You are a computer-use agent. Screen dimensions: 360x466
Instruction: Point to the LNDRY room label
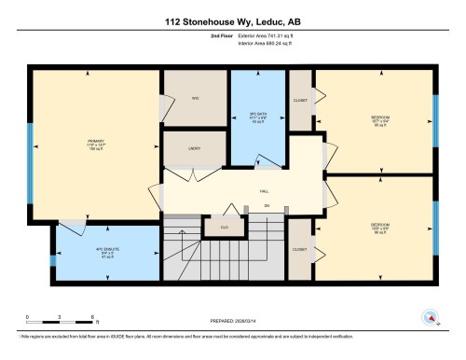[195, 147]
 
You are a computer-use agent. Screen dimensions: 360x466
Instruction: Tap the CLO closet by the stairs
[225, 227]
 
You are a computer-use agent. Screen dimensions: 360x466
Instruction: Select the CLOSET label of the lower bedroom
[299, 249]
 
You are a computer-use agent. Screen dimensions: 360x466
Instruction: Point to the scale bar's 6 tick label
[83, 318]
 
